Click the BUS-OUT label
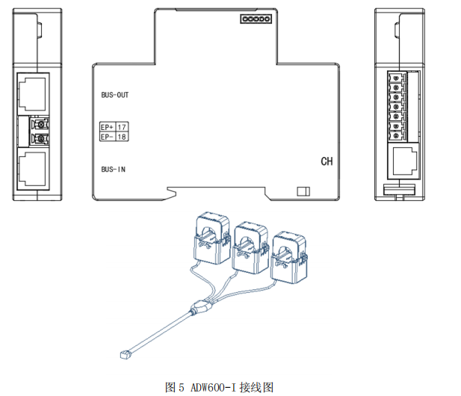pyautogui.click(x=115, y=96)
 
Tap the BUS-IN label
pyautogui.click(x=113, y=170)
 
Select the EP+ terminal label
pyautogui.click(x=107, y=128)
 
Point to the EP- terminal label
pyautogui.click(x=107, y=137)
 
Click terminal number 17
pyautogui.click(x=123, y=128)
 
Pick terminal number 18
pyautogui.click(x=123, y=137)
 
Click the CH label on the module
pyautogui.click(x=327, y=161)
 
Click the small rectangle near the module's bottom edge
pyautogui.click(x=303, y=191)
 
